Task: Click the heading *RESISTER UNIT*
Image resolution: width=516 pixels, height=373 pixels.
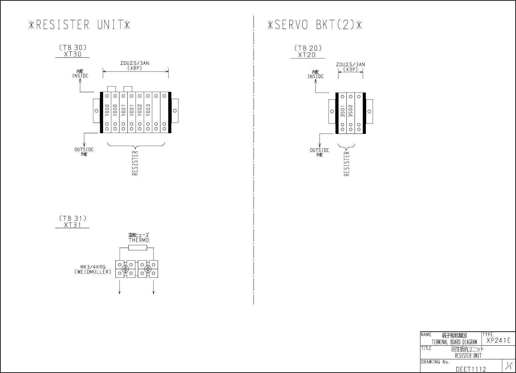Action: pos(79,25)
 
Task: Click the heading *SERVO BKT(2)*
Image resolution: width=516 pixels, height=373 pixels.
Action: pos(315,25)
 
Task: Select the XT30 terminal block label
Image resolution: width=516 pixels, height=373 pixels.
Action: pos(73,54)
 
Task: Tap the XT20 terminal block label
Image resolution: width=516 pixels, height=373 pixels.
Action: pos(307,55)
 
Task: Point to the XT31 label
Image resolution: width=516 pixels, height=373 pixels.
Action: pos(73,225)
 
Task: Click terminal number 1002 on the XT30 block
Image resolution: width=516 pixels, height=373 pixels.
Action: pos(140,110)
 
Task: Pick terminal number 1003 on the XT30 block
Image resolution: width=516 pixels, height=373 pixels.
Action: pos(148,110)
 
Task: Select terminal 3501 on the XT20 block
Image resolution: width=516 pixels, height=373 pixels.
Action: pos(343,111)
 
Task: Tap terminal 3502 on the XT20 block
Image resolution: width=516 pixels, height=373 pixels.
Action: pos(350,111)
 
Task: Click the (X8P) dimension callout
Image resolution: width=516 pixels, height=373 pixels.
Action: pos(135,68)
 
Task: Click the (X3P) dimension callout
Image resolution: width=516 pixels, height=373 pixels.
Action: pos(350,69)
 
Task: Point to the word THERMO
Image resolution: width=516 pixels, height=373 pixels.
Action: pos(139,240)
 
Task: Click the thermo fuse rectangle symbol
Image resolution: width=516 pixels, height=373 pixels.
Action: pos(138,248)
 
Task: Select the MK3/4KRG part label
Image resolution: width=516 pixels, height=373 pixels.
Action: pos(93,267)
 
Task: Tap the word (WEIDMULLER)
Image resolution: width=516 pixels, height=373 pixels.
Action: pos(93,272)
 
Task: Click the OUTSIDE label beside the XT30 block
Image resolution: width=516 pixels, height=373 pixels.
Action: pos(84,150)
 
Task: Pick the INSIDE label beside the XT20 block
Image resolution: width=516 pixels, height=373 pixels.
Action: pos(316,77)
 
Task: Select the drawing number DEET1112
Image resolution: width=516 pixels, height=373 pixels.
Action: pos(471,369)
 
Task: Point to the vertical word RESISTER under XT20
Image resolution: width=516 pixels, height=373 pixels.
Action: pos(347,164)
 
